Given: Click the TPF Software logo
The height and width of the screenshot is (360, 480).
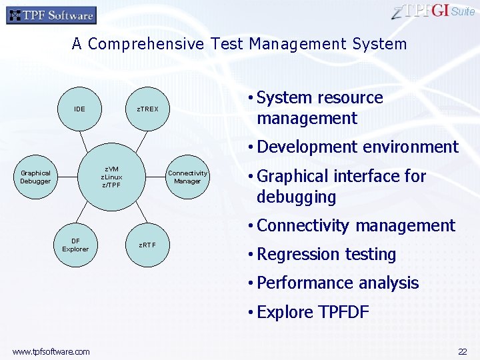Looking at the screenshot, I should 51,15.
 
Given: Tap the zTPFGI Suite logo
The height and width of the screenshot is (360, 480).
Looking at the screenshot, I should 433,11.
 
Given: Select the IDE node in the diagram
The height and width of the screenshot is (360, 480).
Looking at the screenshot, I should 79,109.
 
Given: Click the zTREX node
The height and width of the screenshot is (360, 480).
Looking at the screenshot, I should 147,109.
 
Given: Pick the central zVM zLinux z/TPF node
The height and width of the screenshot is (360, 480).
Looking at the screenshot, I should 111,177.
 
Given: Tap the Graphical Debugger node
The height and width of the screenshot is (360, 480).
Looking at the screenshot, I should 35,177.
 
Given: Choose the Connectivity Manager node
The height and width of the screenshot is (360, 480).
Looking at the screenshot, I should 187,177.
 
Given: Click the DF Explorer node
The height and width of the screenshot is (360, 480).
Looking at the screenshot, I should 75,245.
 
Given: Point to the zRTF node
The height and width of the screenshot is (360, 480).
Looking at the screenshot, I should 147,245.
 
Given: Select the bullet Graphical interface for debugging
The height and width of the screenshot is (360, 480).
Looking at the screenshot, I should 341,187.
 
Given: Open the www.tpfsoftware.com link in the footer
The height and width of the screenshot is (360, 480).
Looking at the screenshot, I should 51,351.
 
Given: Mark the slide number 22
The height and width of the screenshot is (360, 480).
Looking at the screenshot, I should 462,351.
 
